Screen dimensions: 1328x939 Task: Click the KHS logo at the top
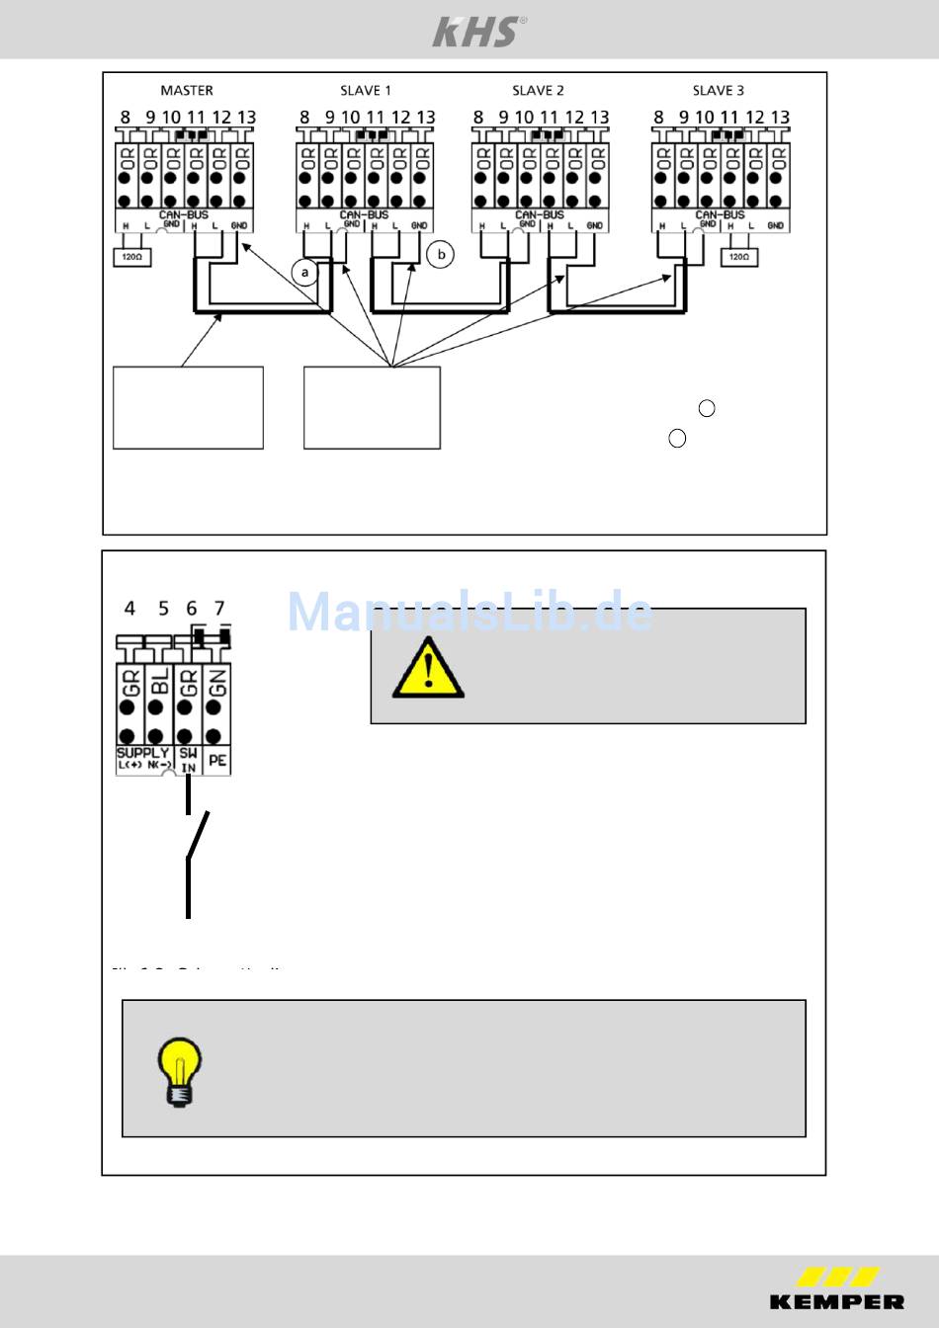coord(478,32)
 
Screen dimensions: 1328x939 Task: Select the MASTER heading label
coord(186,90)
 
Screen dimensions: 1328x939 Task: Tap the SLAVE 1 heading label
coord(366,90)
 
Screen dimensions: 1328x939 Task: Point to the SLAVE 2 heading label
coord(538,90)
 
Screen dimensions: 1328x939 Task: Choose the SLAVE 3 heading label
coord(719,90)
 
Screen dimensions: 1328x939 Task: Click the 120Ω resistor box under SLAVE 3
coord(737,257)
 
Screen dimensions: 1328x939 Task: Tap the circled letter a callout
coord(305,271)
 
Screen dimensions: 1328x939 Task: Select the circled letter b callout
coord(441,254)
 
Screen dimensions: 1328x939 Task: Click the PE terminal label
coord(217,761)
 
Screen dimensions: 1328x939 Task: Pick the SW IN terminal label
coord(188,760)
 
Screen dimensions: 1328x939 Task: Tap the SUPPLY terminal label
coord(143,753)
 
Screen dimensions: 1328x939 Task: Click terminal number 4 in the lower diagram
coord(129,609)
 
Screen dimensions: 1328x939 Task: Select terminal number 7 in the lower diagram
coord(219,609)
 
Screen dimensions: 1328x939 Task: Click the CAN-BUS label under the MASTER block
coord(184,214)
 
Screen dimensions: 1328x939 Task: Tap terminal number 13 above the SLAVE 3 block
coord(780,117)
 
